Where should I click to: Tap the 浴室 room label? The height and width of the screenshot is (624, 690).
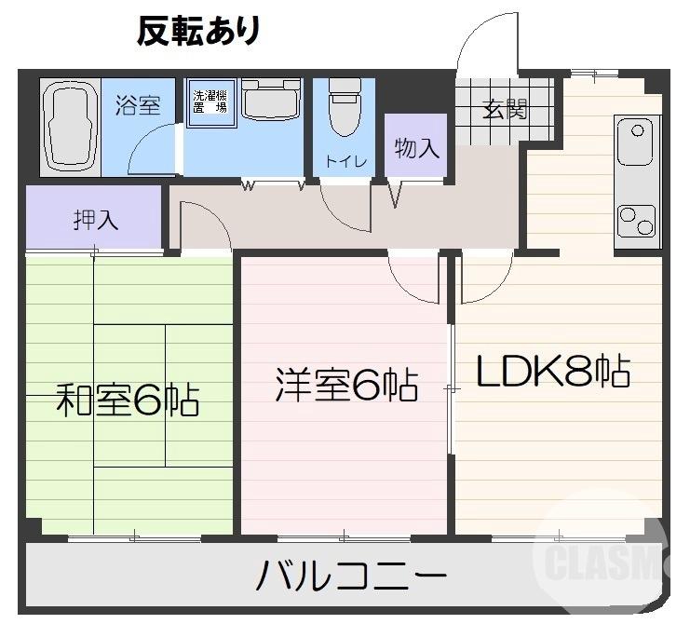[138, 105]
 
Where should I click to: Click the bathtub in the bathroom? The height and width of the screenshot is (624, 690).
[70, 125]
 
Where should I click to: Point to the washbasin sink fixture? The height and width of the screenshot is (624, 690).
[270, 99]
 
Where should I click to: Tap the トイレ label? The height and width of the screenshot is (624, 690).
[345, 161]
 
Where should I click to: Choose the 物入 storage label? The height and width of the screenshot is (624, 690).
[416, 149]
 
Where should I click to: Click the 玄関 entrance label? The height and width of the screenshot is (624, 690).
[505, 109]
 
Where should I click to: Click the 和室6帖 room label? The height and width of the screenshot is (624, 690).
[127, 400]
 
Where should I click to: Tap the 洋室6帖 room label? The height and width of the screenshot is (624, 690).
[345, 385]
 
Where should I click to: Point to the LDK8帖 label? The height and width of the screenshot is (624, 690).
[554, 373]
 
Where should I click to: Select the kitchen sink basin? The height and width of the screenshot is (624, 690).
[637, 144]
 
